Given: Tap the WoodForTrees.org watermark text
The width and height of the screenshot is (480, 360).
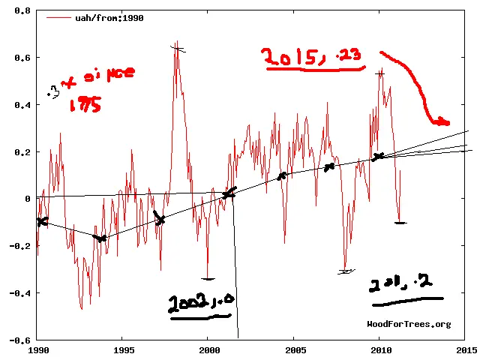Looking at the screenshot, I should (409, 324).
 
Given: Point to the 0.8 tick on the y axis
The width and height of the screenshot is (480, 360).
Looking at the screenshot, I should (22, 12).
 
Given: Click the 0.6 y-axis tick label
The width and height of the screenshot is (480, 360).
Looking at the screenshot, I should (22, 58).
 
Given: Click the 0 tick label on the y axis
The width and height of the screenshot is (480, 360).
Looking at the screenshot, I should (27, 199).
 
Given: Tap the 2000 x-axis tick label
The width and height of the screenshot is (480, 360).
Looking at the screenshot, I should (208, 349).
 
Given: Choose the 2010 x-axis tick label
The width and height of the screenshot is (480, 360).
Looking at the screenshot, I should (379, 349).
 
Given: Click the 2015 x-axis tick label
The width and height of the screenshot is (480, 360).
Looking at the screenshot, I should (464, 349).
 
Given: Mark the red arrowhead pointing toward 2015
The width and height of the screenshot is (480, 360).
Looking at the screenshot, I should (442, 121).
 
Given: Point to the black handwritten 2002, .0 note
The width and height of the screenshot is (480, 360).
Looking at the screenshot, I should (200, 303).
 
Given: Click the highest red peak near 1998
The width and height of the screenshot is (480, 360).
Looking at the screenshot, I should (177, 43).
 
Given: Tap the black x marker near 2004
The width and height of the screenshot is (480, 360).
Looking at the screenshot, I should (282, 176).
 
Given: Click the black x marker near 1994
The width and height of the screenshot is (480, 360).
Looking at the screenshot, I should (101, 238).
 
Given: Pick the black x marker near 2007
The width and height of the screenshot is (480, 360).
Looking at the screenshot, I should (328, 166).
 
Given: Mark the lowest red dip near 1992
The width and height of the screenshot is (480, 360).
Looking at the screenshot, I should (82, 308).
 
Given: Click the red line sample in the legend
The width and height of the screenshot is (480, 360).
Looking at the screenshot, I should (57, 16).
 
